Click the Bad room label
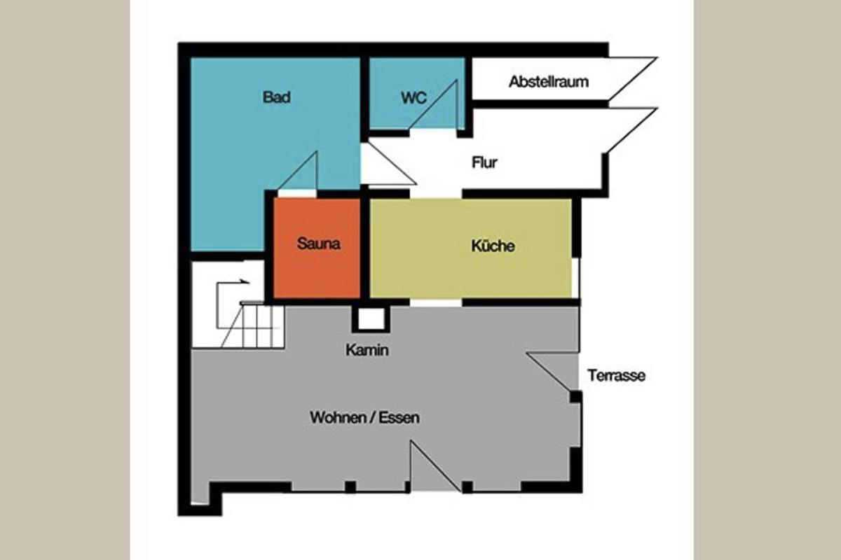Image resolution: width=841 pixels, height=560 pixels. (277, 97)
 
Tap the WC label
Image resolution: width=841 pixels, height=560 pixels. (413, 98)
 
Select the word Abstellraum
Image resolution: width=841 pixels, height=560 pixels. (549, 82)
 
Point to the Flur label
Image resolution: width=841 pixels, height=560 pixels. (484, 162)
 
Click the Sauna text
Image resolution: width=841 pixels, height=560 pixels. (318, 244)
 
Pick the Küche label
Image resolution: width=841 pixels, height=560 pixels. (493, 246)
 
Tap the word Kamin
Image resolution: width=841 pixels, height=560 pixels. (367, 350)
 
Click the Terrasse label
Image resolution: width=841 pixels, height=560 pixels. (617, 375)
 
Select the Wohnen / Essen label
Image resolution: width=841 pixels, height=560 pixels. (364, 417)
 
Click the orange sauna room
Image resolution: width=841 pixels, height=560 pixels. (317, 248)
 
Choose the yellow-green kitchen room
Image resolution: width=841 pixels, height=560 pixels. (470, 248)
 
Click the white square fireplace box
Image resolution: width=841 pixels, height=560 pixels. (371, 318)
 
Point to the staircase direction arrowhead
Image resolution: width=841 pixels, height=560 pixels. (245, 281)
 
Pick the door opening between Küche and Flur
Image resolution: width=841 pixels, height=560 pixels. (435, 194)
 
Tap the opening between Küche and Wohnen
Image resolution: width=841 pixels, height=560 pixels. (435, 302)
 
